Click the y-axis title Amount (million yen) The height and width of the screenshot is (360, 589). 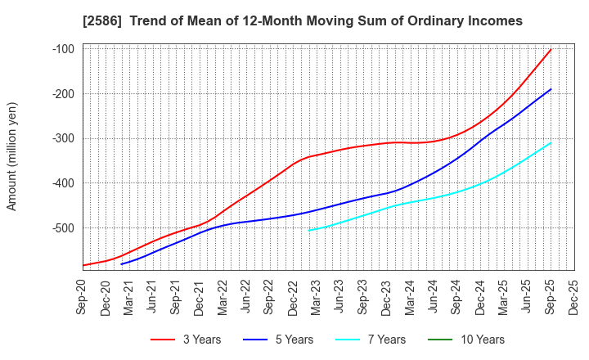12,156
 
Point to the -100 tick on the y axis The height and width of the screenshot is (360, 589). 63,49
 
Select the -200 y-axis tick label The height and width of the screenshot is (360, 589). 63,94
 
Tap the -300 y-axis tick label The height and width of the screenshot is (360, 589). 63,138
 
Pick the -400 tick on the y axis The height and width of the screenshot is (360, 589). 63,183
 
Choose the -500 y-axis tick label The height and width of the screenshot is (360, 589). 63,227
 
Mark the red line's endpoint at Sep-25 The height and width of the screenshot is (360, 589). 551,49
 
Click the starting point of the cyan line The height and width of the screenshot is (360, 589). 309,230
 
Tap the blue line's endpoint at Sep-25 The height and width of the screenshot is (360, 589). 551,89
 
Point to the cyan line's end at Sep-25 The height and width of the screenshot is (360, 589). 551,142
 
